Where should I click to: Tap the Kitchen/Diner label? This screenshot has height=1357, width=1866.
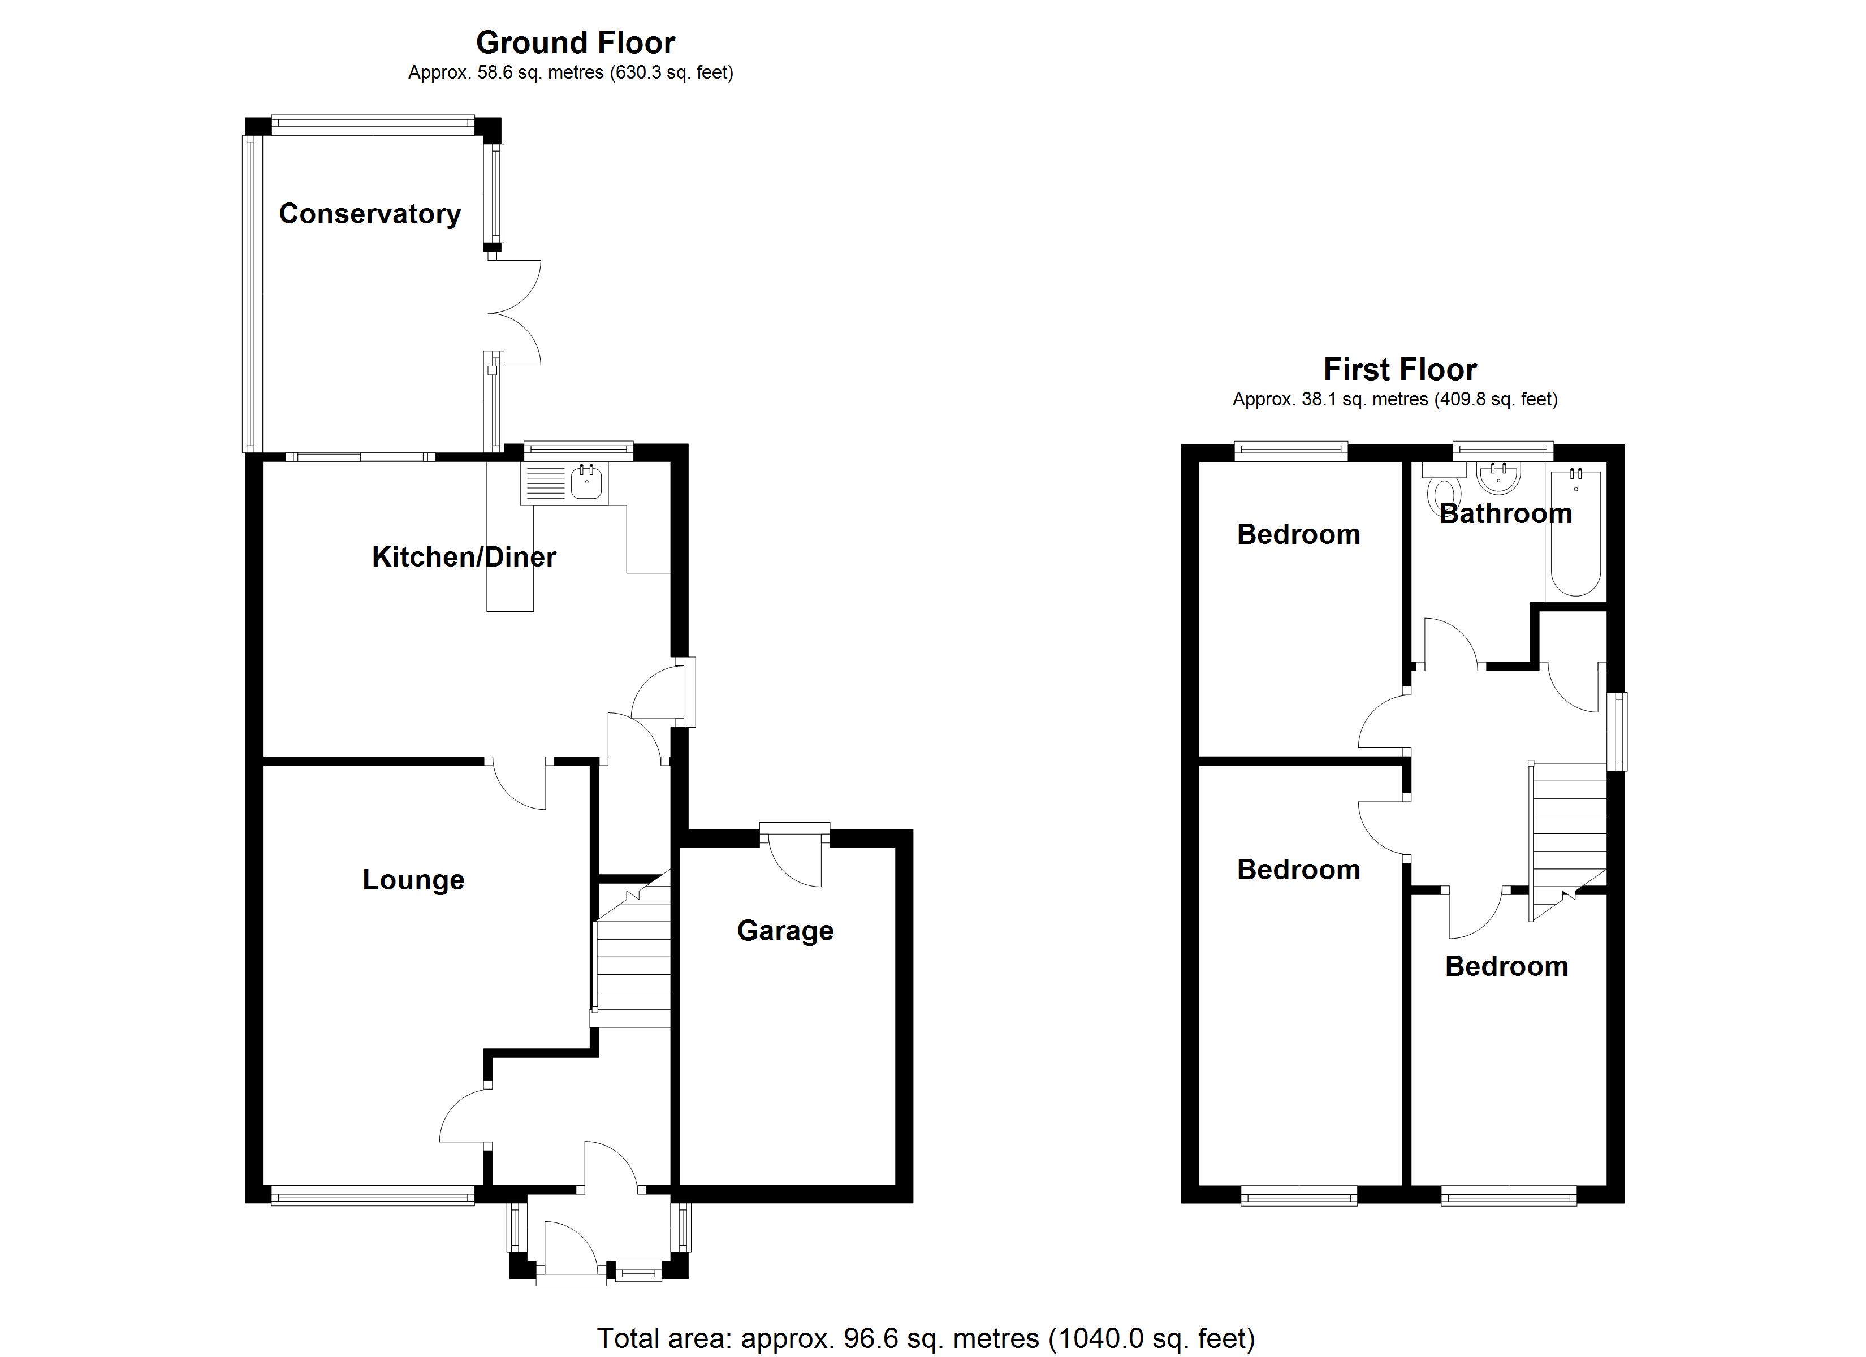(x=464, y=557)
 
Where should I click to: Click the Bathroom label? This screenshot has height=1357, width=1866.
(x=1506, y=513)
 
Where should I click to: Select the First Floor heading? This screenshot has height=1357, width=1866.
(x=1399, y=369)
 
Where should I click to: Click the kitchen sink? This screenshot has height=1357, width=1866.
(x=586, y=482)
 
